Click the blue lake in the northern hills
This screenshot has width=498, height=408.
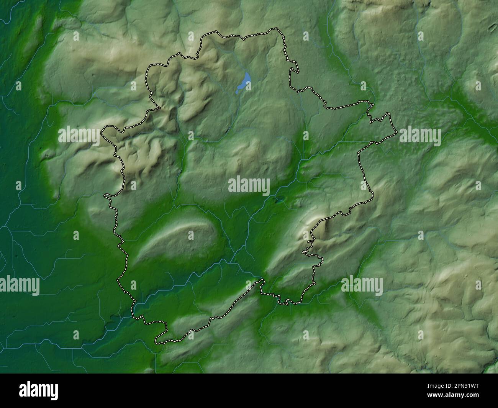[x=244, y=82]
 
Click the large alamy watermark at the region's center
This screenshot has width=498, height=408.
[x=249, y=186]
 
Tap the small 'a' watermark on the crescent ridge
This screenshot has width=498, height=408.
[x=191, y=235]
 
